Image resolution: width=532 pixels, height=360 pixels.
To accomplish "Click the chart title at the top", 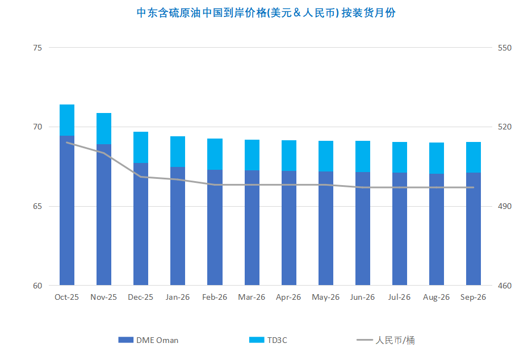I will click(x=266, y=13).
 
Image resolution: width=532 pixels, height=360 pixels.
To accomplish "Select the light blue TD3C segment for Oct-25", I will click(x=67, y=120).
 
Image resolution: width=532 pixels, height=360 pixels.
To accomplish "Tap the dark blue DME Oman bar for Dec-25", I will click(x=141, y=224).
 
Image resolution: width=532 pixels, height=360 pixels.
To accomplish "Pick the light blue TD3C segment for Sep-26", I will click(x=474, y=157).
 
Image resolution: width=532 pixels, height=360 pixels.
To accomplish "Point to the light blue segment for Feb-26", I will click(x=215, y=154).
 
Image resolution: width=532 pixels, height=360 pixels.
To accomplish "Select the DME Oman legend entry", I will click(x=148, y=340).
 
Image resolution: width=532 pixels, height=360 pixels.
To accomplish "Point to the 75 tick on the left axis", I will click(x=37, y=48).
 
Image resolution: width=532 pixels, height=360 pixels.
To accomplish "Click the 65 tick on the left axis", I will click(x=37, y=206).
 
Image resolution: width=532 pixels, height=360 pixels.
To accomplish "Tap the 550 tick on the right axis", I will click(x=504, y=48).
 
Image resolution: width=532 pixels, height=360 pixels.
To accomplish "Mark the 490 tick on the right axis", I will click(x=504, y=206).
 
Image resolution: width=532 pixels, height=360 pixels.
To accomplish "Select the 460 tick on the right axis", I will click(x=504, y=286).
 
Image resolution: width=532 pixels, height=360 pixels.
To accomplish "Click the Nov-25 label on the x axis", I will click(x=103, y=297).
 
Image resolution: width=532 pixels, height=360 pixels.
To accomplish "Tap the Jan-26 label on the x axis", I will click(x=178, y=297).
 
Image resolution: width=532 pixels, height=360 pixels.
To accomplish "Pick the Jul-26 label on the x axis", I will click(x=399, y=297).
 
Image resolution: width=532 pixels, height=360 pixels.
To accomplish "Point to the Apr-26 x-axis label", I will click(x=288, y=297).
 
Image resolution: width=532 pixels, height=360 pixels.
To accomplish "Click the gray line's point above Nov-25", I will click(x=103, y=153).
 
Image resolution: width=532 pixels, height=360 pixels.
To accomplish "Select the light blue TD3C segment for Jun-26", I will click(x=363, y=156).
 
